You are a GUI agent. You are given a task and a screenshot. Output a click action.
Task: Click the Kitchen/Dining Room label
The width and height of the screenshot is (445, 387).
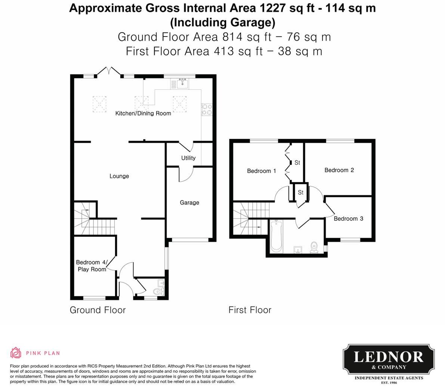tap(143, 113)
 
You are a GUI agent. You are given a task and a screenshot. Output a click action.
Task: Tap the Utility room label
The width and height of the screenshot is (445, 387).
tap(188, 158)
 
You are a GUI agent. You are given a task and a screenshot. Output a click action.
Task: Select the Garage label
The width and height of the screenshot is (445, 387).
tap(189, 203)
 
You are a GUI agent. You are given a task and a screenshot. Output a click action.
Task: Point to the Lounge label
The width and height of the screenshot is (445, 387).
tap(119, 176)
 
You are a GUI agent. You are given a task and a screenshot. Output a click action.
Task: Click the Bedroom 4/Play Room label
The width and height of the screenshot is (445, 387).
tap(92, 266)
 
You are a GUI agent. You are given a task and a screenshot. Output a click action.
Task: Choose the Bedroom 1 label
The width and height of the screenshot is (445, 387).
tap(262, 171)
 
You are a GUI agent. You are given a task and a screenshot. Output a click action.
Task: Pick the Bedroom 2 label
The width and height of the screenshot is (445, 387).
tap(339, 170)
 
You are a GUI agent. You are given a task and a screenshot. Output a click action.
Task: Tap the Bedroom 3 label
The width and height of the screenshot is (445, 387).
tap(348, 219)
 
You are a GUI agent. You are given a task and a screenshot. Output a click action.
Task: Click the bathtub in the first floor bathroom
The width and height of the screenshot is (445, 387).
tap(276, 236)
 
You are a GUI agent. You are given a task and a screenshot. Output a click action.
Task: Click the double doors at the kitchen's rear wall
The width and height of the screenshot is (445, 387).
tap(109, 72)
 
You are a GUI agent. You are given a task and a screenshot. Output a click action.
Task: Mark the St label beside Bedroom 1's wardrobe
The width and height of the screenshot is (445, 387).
tap(297, 163)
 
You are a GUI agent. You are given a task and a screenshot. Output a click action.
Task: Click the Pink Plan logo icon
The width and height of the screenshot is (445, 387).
tap(16, 353)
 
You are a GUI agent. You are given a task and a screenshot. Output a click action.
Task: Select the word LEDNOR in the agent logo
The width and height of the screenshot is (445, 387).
tap(389, 357)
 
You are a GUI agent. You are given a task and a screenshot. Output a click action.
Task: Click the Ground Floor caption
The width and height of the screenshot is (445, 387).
tap(98, 310)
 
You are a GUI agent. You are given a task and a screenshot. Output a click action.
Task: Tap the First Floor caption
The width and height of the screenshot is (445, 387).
tap(250, 310)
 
